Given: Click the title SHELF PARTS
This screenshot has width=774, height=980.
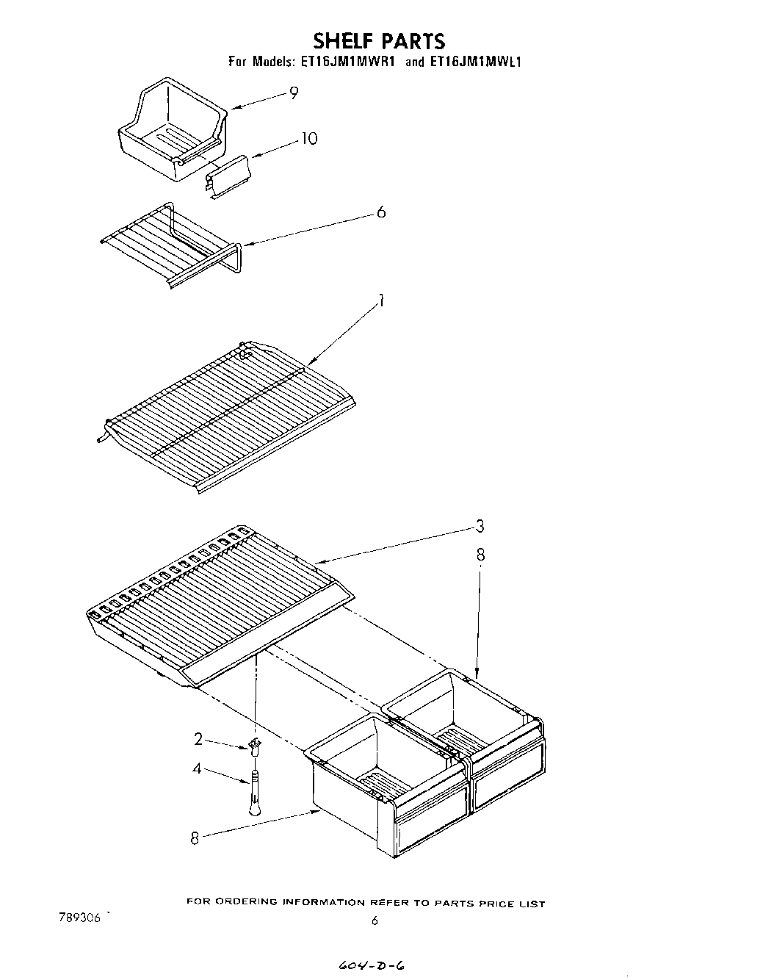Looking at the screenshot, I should point(379,40).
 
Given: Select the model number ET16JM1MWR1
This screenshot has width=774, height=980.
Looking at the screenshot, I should point(349,62).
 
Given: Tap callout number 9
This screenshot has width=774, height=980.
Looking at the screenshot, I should point(293,93).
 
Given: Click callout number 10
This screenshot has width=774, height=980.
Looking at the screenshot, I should point(309,138).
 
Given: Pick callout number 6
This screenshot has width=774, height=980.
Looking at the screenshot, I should point(380,212).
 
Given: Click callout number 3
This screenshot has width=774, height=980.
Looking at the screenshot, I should point(479,526).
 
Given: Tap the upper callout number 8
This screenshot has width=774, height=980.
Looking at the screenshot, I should point(480,555).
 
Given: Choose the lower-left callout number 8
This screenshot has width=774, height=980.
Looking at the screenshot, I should point(195,837).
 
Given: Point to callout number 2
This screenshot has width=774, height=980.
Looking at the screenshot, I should point(198,739).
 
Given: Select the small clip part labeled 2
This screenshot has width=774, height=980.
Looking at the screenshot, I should point(255,746).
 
